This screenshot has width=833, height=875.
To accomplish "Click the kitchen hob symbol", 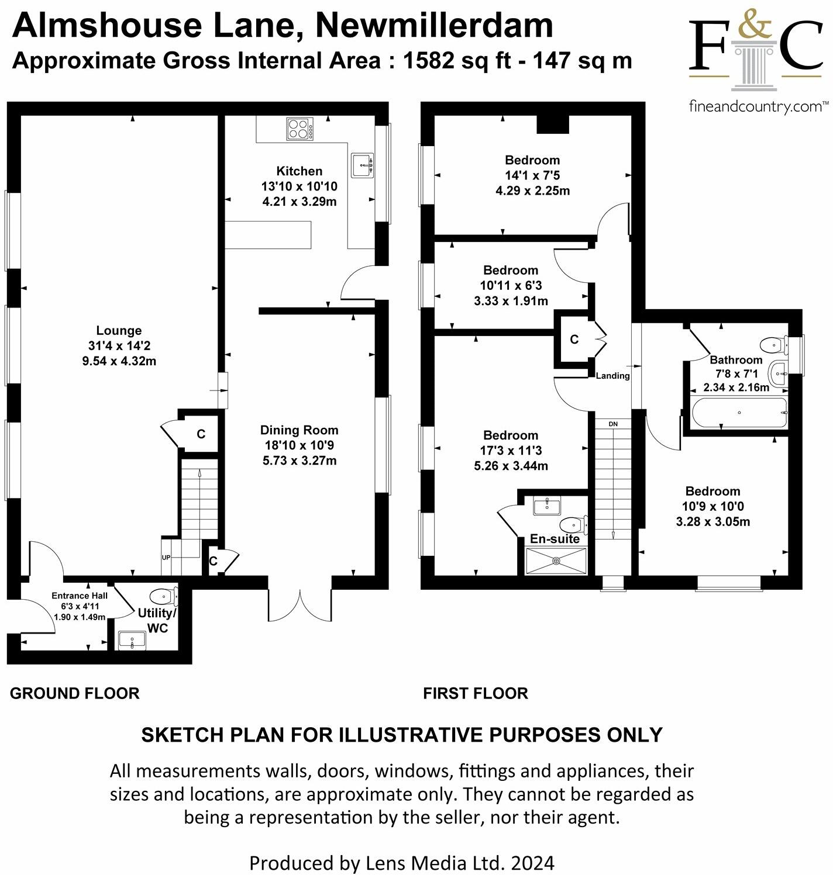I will click(299, 129).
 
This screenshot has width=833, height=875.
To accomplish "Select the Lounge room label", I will click(119, 330).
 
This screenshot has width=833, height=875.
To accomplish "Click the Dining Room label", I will click(299, 430).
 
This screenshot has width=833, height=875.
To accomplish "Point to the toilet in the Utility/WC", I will click(164, 596).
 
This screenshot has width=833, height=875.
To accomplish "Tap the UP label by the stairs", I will click(166, 558).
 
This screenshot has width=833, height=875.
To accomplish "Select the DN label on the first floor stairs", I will click(613, 423).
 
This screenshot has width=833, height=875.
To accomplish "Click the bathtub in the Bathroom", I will click(739, 413).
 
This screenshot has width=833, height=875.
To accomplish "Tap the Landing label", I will click(612, 376).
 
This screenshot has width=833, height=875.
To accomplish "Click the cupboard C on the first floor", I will click(574, 340).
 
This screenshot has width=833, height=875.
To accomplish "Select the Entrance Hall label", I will click(80, 596).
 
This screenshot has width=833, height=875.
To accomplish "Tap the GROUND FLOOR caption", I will click(75, 693).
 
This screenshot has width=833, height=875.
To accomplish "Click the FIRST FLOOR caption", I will click(476, 693).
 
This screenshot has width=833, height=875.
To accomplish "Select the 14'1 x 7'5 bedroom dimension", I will click(532, 175).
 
